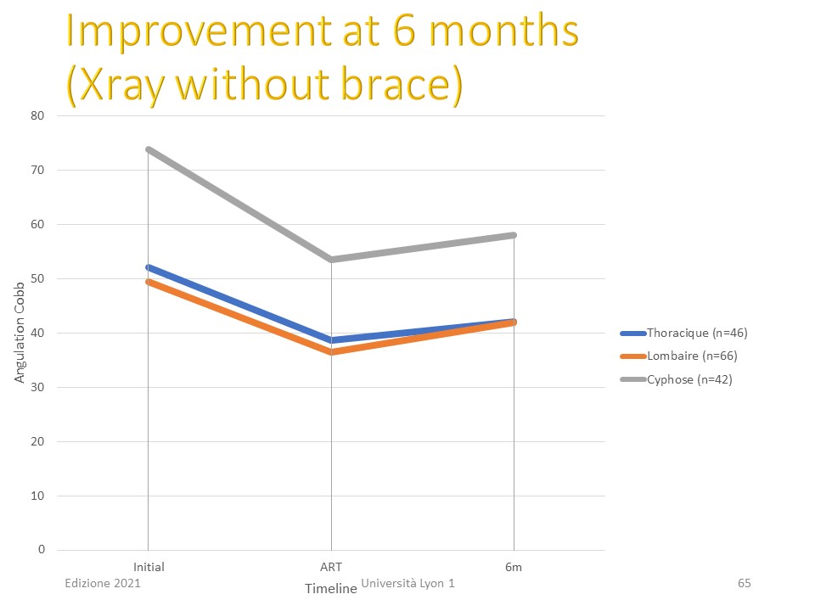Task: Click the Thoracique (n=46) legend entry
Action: pos(683,333)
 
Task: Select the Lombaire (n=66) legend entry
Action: pos(678,356)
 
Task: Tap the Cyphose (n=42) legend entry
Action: pos(676,379)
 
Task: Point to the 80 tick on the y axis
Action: pos(37,116)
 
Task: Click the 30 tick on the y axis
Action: pos(37,387)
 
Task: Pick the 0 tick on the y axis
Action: pos(41,550)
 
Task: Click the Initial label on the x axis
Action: pos(149,567)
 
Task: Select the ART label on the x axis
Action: pos(331,567)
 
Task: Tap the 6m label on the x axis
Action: pos(514,567)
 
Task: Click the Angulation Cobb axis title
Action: pos(20,333)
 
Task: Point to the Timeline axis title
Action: pos(330,589)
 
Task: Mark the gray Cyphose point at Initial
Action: pos(149,149)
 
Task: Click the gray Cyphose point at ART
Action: pos(332,260)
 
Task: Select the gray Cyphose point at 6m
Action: pos(514,235)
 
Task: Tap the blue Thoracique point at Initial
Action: pos(149,267)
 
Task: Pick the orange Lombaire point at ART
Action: pos(332,352)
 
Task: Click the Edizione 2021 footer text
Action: pos(103,583)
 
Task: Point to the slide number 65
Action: pos(745,583)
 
